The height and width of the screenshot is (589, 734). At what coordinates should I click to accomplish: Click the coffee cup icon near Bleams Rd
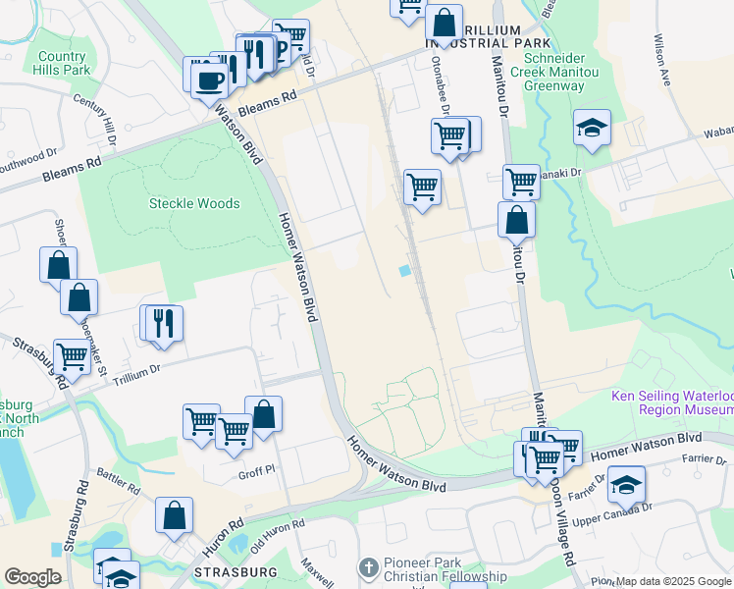click(208, 77)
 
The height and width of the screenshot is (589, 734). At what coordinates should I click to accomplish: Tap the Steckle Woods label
click(193, 203)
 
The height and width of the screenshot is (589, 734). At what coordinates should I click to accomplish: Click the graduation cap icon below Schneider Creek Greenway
click(592, 129)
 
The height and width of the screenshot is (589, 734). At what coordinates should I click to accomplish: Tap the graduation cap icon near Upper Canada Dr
click(626, 485)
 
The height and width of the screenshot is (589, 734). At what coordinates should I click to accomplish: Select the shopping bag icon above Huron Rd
click(174, 515)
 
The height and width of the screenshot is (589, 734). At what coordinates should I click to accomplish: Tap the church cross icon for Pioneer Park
click(368, 567)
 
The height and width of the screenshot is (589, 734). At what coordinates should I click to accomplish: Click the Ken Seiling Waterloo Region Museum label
click(671, 402)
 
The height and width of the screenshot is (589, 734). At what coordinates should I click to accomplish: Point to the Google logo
click(32, 577)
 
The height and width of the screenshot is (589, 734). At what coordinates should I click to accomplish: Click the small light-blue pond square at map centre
click(404, 271)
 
